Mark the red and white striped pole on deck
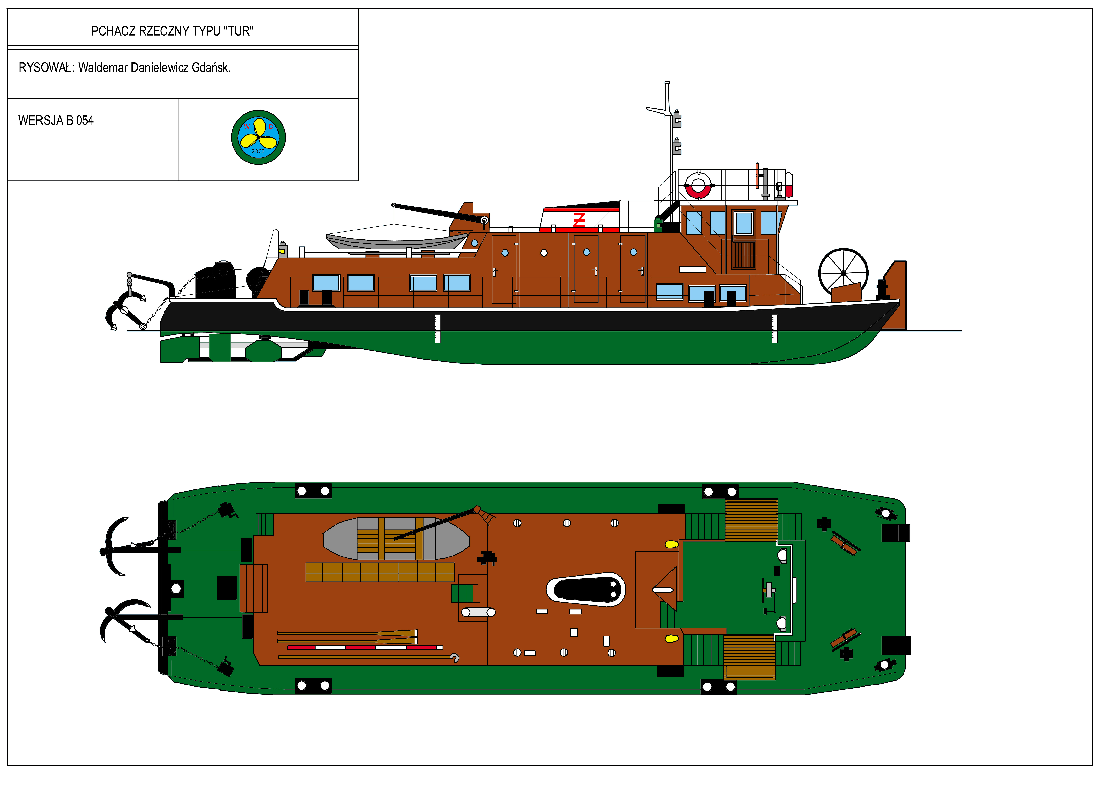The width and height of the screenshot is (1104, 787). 365,647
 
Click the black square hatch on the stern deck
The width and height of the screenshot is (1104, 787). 226,588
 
